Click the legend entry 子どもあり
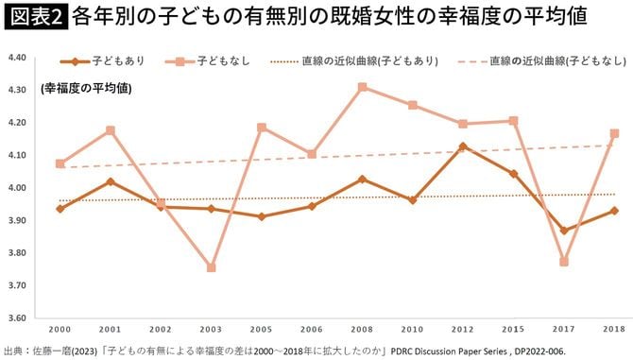point(104,60)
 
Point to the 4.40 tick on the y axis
point(20,58)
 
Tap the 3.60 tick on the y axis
point(20,317)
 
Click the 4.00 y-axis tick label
point(20,188)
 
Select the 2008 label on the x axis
point(362,328)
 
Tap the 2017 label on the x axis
point(563,328)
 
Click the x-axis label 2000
point(60,328)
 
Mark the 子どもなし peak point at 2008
point(362,87)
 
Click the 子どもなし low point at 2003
point(211,267)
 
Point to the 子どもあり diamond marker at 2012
point(462,146)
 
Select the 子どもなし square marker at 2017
point(563,262)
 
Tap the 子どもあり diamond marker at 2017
point(563,230)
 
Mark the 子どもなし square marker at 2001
point(111,130)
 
